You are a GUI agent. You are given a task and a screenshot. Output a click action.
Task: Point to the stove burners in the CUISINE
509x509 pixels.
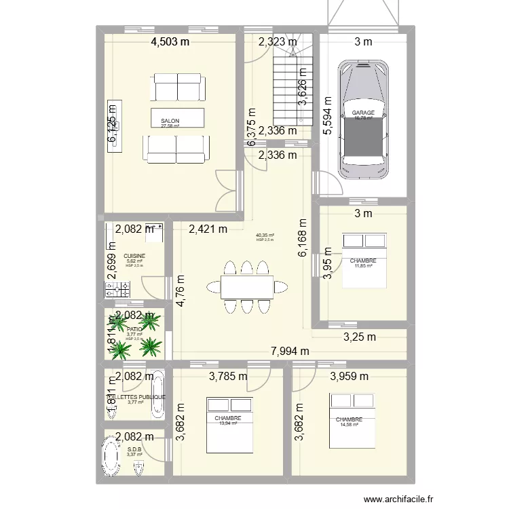point(116,290)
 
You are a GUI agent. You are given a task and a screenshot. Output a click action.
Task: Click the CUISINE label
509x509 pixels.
point(134,257)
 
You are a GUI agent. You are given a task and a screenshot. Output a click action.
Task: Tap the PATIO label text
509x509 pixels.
point(134,328)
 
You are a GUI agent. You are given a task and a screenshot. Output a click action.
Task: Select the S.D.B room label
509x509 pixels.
point(134,449)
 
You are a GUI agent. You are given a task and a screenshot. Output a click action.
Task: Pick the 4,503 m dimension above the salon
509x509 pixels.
point(169,42)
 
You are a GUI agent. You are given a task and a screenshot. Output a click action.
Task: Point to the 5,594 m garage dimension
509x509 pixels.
point(327,113)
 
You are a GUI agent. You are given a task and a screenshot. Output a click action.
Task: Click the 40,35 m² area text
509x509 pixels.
point(265,235)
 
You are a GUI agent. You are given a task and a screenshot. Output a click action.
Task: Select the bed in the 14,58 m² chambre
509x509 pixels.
point(348,420)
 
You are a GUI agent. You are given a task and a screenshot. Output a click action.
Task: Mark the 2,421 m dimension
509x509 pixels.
point(208,229)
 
